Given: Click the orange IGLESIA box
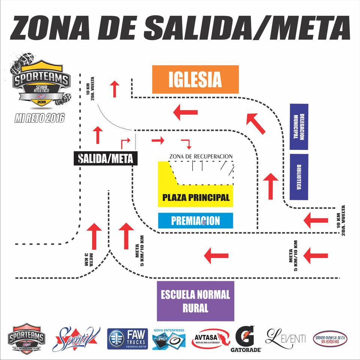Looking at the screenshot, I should [x=195, y=79].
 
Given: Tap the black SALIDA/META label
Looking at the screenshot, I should [x=106, y=159].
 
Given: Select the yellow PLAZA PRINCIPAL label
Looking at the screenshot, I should [x=195, y=197].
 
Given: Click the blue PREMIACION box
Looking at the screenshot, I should [x=195, y=220].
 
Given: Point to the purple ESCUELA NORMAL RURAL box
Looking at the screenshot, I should [x=195, y=301].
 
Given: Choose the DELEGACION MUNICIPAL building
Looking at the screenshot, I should [x=299, y=127].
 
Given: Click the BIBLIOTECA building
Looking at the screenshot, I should [x=299, y=177].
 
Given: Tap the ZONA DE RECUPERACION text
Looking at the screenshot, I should [x=201, y=156].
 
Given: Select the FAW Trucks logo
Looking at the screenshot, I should [x=127, y=339].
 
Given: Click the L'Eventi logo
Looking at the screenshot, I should [x=285, y=337].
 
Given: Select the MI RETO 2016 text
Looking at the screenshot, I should [x=39, y=118].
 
